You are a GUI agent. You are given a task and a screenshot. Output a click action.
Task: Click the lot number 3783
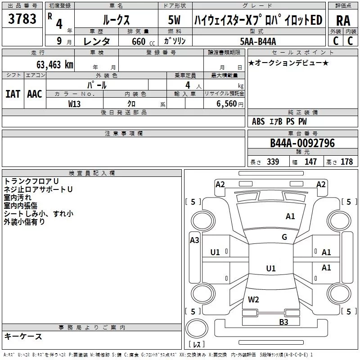pos(22,18)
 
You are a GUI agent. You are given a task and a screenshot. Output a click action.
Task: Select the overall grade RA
pos(343,21)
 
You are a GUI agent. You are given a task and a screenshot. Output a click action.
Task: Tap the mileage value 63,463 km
pos(55,64)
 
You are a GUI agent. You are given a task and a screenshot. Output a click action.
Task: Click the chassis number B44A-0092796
pos(302,143)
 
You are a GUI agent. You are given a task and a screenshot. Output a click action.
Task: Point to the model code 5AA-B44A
pos(258,41)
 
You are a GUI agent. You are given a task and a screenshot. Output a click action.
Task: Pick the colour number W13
pos(74,104)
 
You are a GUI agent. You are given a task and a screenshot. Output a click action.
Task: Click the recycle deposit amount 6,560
pos(226,103)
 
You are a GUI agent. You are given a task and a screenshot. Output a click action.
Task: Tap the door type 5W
pos(174,20)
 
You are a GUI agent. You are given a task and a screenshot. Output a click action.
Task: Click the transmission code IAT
pos(13,94)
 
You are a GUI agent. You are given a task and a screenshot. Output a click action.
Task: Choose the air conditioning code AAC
pos(35,94)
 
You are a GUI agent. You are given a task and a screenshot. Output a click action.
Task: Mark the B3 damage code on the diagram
pos(283,322)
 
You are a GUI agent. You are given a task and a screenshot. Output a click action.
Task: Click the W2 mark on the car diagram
pos(253,299)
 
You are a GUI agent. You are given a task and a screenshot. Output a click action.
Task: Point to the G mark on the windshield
pos(284,237)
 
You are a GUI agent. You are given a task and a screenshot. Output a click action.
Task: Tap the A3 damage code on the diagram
pos(194,240)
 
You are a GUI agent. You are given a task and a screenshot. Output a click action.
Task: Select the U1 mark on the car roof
pos(271,268)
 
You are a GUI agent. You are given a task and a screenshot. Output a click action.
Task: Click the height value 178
pos(346,162)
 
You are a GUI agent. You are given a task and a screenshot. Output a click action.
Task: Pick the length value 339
pos(273,162)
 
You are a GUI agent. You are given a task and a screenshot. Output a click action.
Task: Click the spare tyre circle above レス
pos(197,328)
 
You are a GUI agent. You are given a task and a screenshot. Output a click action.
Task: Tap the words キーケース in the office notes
pos(23,336)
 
